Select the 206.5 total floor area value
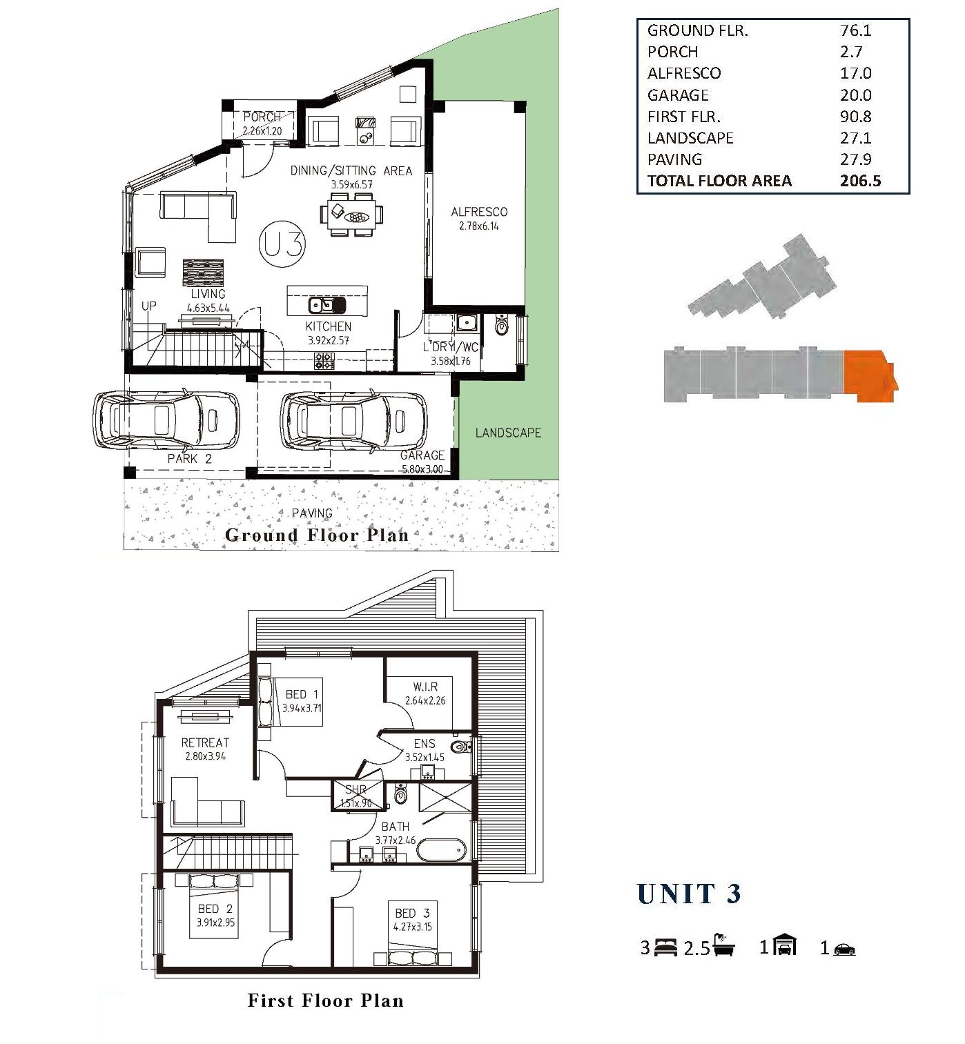860,181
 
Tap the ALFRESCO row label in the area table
683,73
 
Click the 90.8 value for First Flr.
856,116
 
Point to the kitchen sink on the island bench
326,305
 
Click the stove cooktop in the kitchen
324,361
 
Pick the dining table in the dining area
351,215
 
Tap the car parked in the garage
353,420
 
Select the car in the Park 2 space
166,420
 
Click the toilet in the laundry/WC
502,324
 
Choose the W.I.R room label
425,687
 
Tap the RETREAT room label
205,742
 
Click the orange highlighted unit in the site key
870,376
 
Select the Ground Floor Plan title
317,535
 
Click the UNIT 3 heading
689,894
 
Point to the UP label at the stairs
149,306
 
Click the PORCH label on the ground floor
262,117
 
